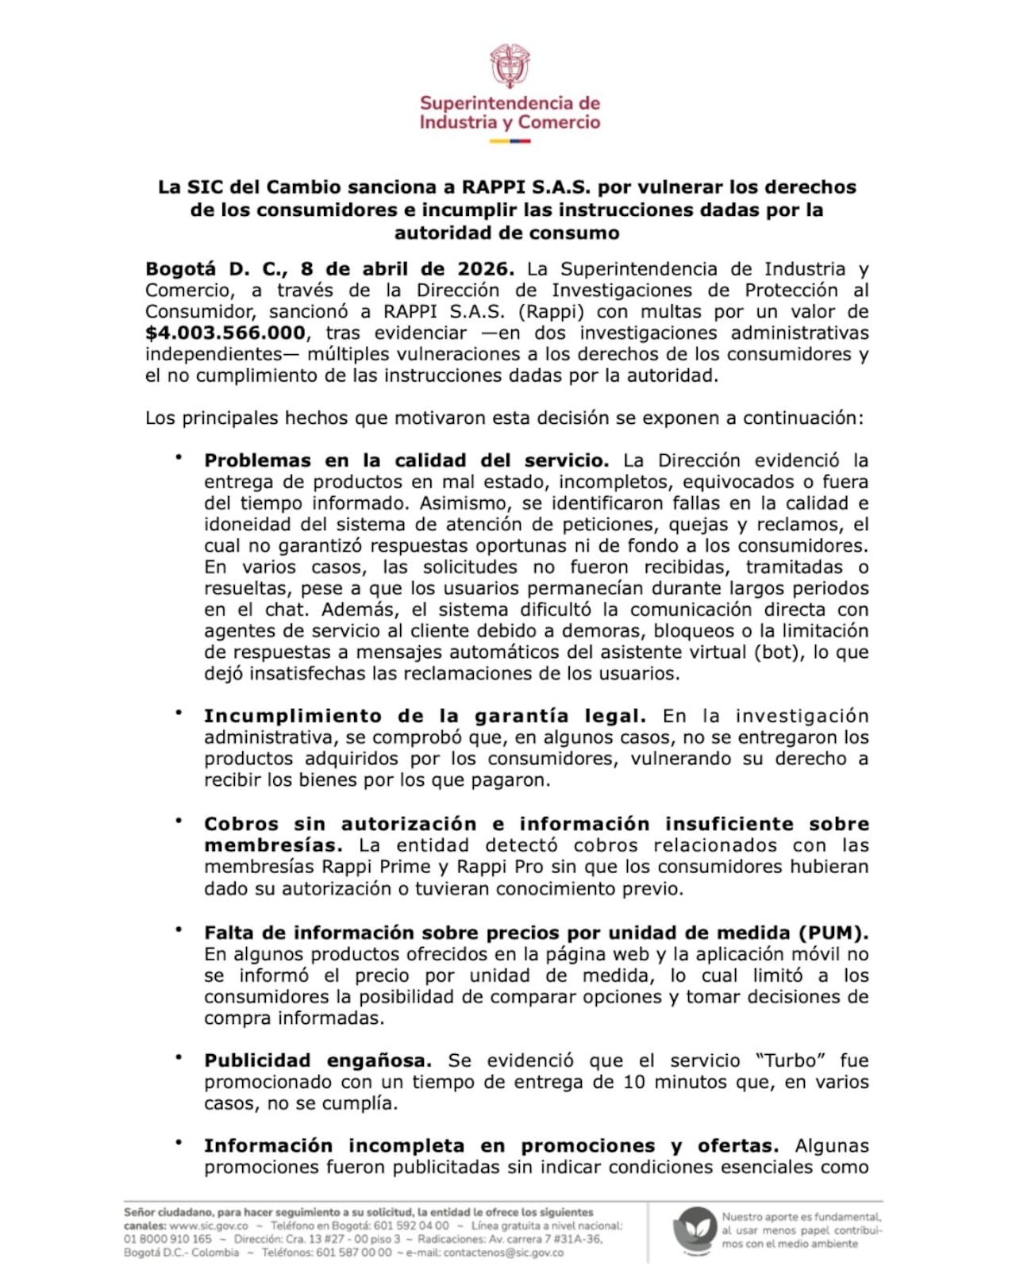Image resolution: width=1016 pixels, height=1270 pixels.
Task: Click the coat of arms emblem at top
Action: (509, 66)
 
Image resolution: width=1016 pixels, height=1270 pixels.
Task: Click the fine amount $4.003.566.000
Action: (225, 333)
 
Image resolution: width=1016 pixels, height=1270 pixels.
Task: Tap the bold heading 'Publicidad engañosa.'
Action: (317, 1060)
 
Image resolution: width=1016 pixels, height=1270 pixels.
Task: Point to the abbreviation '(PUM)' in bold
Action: (833, 933)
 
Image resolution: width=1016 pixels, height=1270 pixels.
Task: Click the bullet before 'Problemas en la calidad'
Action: (179, 457)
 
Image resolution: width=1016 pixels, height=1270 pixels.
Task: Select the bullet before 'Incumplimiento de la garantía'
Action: (179, 713)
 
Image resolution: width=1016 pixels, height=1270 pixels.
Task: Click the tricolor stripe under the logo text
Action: (509, 141)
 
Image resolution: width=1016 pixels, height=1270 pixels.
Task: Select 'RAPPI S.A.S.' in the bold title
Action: (525, 187)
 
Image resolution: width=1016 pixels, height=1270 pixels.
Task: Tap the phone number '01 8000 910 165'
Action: (167, 1239)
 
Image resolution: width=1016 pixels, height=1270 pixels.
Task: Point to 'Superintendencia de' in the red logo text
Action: (510, 103)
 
